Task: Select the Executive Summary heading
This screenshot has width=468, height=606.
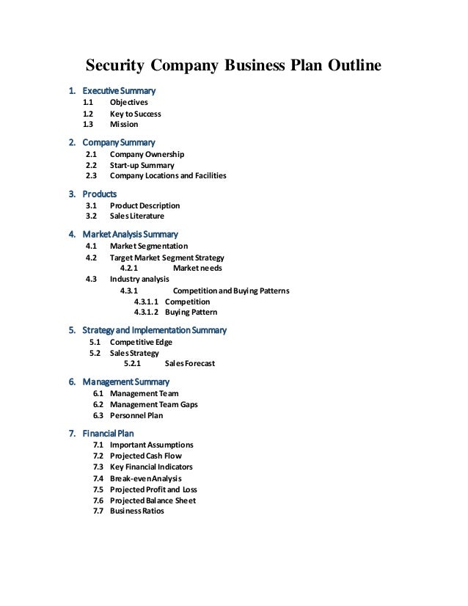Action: (118, 91)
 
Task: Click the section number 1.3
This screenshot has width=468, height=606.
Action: (87, 125)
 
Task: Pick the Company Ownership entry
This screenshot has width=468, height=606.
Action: (147, 155)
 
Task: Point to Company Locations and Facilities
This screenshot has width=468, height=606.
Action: (168, 176)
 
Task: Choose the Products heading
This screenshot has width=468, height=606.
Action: (99, 194)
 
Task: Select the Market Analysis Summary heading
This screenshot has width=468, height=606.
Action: (129, 235)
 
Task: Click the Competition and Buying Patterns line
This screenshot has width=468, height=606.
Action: (230, 291)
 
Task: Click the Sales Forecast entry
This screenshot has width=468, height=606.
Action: (190, 364)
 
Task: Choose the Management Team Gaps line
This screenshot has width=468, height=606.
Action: (153, 404)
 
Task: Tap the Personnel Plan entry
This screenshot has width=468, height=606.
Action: (136, 415)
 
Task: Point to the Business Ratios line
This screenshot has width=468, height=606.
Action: (137, 511)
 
